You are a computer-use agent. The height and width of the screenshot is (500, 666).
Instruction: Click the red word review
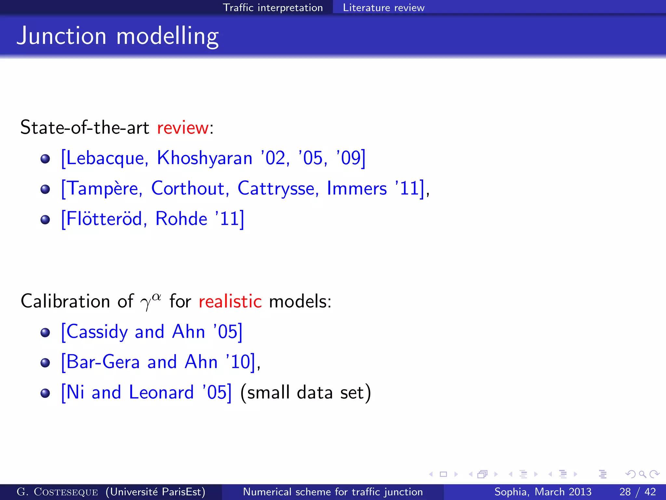[x=182, y=127]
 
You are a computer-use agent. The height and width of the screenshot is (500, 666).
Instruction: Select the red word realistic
[x=230, y=301]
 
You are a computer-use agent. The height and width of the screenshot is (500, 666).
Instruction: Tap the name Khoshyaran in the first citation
[x=205, y=158]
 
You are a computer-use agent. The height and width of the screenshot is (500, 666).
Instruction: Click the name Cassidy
[x=97, y=332]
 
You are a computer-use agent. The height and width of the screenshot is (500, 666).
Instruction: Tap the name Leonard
[x=161, y=392]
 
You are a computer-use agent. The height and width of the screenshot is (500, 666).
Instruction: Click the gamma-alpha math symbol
[x=150, y=301]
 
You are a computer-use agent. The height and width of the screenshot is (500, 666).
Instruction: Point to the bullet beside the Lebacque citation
[x=45, y=159]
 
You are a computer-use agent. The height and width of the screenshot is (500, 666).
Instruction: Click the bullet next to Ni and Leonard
[x=45, y=393]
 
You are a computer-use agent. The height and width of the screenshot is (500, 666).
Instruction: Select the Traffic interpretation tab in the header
[x=273, y=7]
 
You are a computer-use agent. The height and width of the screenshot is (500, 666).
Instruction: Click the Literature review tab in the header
[x=383, y=7]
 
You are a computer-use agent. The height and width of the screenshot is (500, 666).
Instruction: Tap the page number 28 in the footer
[x=625, y=492]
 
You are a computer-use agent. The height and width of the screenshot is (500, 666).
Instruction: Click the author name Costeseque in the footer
[x=66, y=492]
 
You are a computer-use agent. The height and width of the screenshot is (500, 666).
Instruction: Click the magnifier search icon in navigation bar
[x=642, y=474]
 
